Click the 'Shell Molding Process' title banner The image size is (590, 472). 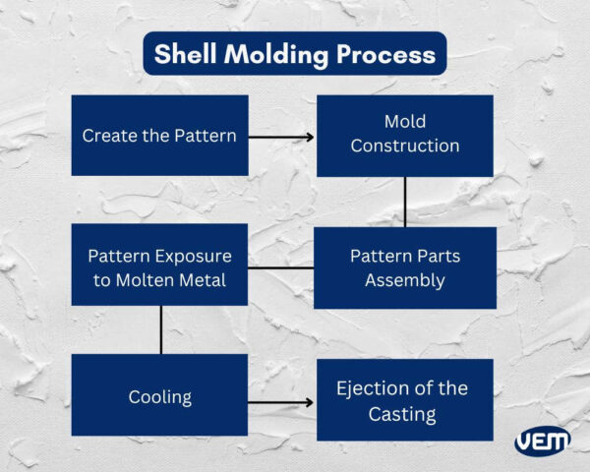tap(295, 54)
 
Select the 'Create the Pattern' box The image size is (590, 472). tap(159, 136)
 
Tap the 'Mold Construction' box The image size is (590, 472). tap(404, 136)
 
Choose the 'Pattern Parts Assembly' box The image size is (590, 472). tap(404, 267)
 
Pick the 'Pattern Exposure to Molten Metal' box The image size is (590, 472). tap(159, 267)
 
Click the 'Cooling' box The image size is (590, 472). tap(159, 396)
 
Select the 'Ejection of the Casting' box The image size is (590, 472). tap(404, 400)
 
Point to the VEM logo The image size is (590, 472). tap(542, 442)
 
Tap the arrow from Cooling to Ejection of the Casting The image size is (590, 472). tap(281, 402)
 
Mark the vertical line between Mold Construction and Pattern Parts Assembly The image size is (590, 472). tap(404, 202)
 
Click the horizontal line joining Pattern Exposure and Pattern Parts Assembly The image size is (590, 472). tap(281, 267)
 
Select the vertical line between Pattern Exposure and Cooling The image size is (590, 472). tap(159, 328)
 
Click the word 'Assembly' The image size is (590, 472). tap(404, 280)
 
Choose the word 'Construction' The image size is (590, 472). tap(404, 147)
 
